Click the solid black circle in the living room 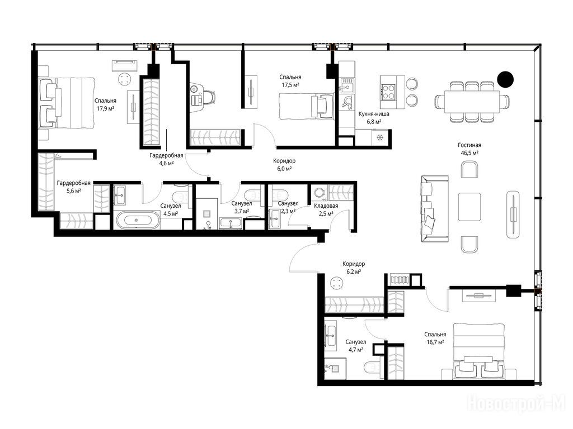(505, 79)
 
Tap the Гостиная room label (469, 145)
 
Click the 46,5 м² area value (469, 153)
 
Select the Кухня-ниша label (374, 114)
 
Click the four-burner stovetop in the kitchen (388, 92)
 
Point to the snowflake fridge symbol (380, 137)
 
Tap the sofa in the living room (434, 209)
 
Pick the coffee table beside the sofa (469, 207)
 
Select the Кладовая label (326, 206)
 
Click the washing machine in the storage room (320, 192)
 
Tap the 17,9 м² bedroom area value (106, 108)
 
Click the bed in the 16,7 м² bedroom (479, 351)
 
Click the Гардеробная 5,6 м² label (73, 187)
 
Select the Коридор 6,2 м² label (354, 268)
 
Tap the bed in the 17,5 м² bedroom (307, 106)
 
